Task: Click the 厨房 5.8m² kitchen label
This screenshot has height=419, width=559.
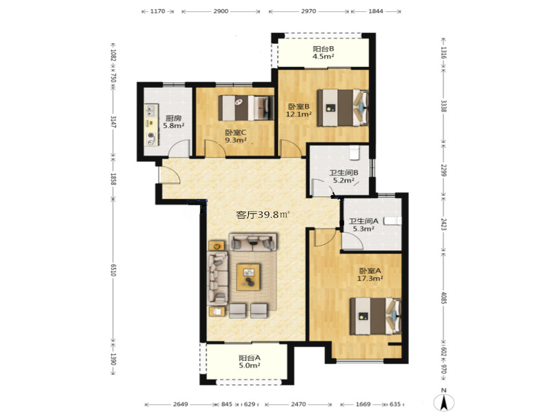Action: point(173,122)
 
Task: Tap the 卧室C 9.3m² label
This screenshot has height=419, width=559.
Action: point(235,136)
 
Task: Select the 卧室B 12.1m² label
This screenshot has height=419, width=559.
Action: point(299,110)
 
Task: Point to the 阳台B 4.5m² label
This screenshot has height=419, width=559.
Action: point(324,52)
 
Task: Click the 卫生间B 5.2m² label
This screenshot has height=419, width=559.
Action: point(344,177)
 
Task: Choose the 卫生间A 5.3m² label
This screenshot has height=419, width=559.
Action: point(363,225)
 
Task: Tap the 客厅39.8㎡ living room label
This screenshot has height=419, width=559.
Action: point(263,215)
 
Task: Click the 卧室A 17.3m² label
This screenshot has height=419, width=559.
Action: point(370,274)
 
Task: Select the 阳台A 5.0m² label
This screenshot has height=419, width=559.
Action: point(249,362)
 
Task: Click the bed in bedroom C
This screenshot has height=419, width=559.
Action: point(246,108)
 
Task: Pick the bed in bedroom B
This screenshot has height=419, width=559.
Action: point(342,108)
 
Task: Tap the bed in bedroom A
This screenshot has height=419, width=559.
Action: point(375,316)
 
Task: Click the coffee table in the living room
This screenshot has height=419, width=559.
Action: point(249,277)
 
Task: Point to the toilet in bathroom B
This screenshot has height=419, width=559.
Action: point(355,152)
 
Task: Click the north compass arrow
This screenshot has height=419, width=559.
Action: point(444,403)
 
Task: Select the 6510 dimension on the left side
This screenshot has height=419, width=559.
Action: point(113,270)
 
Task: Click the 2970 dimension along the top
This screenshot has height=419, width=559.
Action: point(308,11)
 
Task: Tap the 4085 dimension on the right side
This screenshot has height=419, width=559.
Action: point(444,298)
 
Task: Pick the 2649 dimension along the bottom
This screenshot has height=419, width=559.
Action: point(181,404)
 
